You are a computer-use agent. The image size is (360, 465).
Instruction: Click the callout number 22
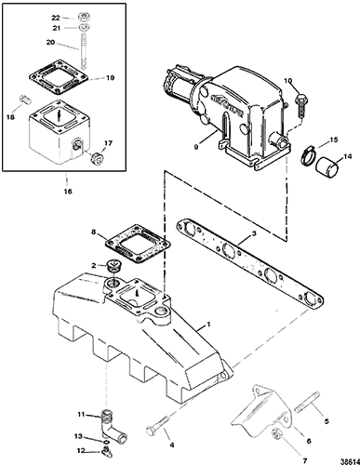56,18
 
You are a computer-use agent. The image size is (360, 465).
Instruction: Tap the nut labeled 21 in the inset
82,28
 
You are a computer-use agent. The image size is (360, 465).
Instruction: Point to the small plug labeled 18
23,99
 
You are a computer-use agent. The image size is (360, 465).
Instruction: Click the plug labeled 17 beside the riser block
96,157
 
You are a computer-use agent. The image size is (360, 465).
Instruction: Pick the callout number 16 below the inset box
68,192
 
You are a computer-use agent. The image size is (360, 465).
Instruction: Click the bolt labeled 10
300,105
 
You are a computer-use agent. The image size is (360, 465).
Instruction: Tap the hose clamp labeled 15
307,154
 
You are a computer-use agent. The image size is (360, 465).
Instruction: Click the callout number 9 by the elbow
195,148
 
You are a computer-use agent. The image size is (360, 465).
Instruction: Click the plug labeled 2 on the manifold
113,267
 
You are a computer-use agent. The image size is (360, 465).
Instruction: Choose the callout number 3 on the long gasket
254,233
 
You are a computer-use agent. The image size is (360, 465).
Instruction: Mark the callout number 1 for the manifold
208,325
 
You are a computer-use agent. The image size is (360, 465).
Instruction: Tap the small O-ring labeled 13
106,442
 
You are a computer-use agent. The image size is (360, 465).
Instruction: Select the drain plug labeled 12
106,451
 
